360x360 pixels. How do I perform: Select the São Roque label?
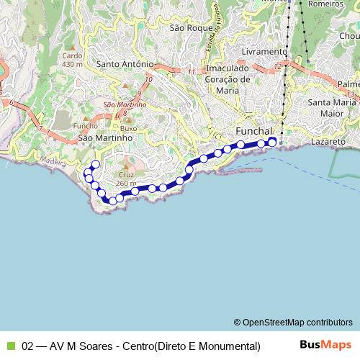point(185,28)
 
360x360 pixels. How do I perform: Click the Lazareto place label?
point(329,143)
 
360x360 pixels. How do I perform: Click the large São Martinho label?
point(105,137)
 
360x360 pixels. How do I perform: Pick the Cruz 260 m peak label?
point(125,179)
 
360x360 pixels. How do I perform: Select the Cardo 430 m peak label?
point(73,60)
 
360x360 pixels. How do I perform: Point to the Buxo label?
point(127,128)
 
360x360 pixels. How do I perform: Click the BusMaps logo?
point(325,345)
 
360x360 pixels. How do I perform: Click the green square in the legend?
point(10,346)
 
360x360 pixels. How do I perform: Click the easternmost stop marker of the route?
point(272,142)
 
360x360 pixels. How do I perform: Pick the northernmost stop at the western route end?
point(95,164)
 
